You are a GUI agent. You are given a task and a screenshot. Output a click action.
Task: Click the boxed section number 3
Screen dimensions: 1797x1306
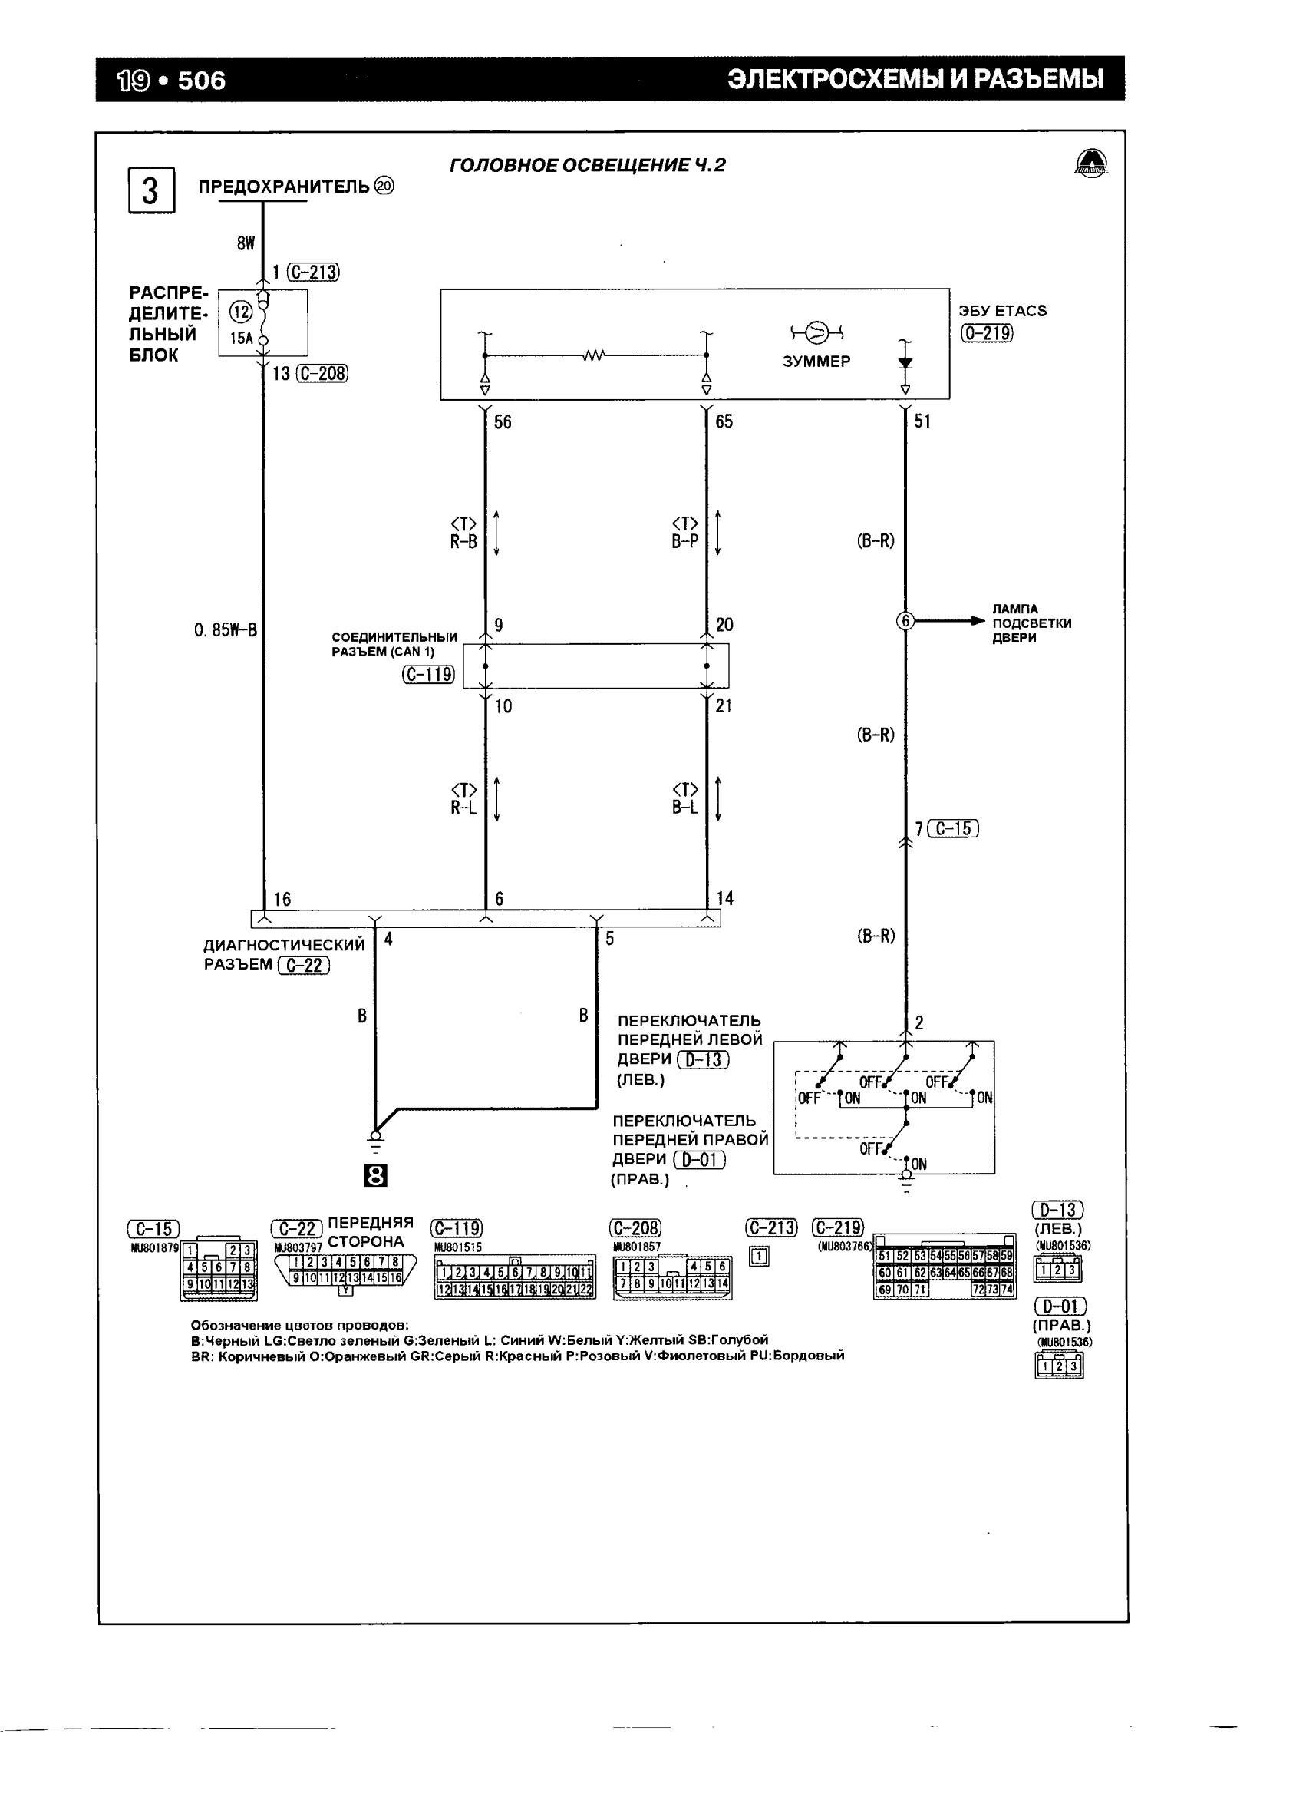click(x=150, y=190)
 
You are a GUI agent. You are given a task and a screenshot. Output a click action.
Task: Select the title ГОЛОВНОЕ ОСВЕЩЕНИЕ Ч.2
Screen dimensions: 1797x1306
click(x=587, y=165)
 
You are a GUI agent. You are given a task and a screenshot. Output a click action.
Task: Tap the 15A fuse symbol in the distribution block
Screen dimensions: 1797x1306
click(x=263, y=322)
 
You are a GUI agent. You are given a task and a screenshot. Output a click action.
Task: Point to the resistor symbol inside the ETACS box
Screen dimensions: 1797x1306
click(x=594, y=355)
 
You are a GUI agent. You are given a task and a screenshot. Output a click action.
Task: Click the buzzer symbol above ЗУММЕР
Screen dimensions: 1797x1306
click(x=816, y=330)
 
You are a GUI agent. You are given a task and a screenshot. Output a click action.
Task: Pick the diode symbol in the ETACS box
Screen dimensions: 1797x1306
click(x=905, y=363)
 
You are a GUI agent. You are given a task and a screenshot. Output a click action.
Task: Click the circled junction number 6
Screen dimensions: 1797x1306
click(x=905, y=621)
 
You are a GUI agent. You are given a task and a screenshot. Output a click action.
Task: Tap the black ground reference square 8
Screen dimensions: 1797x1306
click(x=375, y=1177)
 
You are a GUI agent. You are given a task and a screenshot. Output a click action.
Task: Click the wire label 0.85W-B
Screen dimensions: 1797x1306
click(x=225, y=630)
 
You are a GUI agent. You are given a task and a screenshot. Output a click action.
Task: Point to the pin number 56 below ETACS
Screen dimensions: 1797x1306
click(x=502, y=421)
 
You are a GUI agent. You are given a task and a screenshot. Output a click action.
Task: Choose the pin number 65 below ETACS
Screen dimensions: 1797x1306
click(x=724, y=421)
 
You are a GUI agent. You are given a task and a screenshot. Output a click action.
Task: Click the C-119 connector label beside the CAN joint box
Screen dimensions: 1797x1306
click(x=428, y=674)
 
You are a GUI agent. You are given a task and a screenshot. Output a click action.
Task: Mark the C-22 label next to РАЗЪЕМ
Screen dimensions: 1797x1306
click(x=304, y=965)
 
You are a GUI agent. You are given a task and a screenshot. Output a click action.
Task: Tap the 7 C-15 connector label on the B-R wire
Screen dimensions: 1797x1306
click(x=947, y=829)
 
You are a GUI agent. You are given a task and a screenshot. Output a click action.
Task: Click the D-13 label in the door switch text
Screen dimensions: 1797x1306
click(x=703, y=1059)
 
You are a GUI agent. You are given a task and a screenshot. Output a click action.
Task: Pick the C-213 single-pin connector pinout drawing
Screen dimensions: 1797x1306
click(x=759, y=1257)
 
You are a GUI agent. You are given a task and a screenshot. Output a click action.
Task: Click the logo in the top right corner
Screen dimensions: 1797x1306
click(x=1091, y=164)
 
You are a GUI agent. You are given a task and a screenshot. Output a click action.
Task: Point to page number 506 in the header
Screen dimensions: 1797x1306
click(x=201, y=80)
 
